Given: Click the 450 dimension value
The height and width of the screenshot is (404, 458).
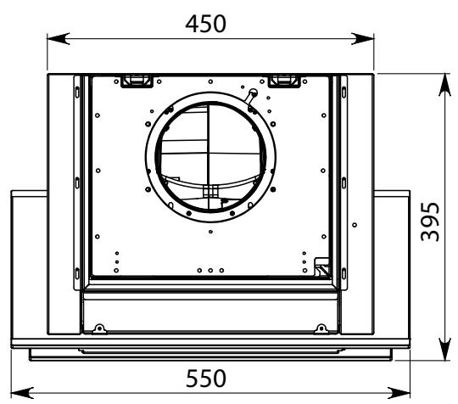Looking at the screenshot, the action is click(x=205, y=24).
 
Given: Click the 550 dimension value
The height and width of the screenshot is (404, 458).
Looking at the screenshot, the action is click(x=206, y=379).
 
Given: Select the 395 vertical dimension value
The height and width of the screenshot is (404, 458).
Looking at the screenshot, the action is click(x=430, y=222).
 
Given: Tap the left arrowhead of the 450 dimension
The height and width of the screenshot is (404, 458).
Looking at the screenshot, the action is click(x=59, y=38).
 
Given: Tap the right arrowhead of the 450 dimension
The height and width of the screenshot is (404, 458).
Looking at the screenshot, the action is click(x=363, y=38).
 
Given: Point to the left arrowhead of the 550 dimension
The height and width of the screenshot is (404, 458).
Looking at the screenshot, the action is click(x=22, y=393).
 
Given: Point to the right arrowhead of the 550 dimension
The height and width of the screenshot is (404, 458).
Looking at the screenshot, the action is click(x=399, y=393).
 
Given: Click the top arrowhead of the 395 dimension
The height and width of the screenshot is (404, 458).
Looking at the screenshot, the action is click(x=445, y=85).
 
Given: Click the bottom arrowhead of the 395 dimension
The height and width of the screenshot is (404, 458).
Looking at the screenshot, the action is click(x=445, y=349).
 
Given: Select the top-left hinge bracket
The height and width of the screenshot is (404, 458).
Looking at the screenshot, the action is click(x=137, y=81).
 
